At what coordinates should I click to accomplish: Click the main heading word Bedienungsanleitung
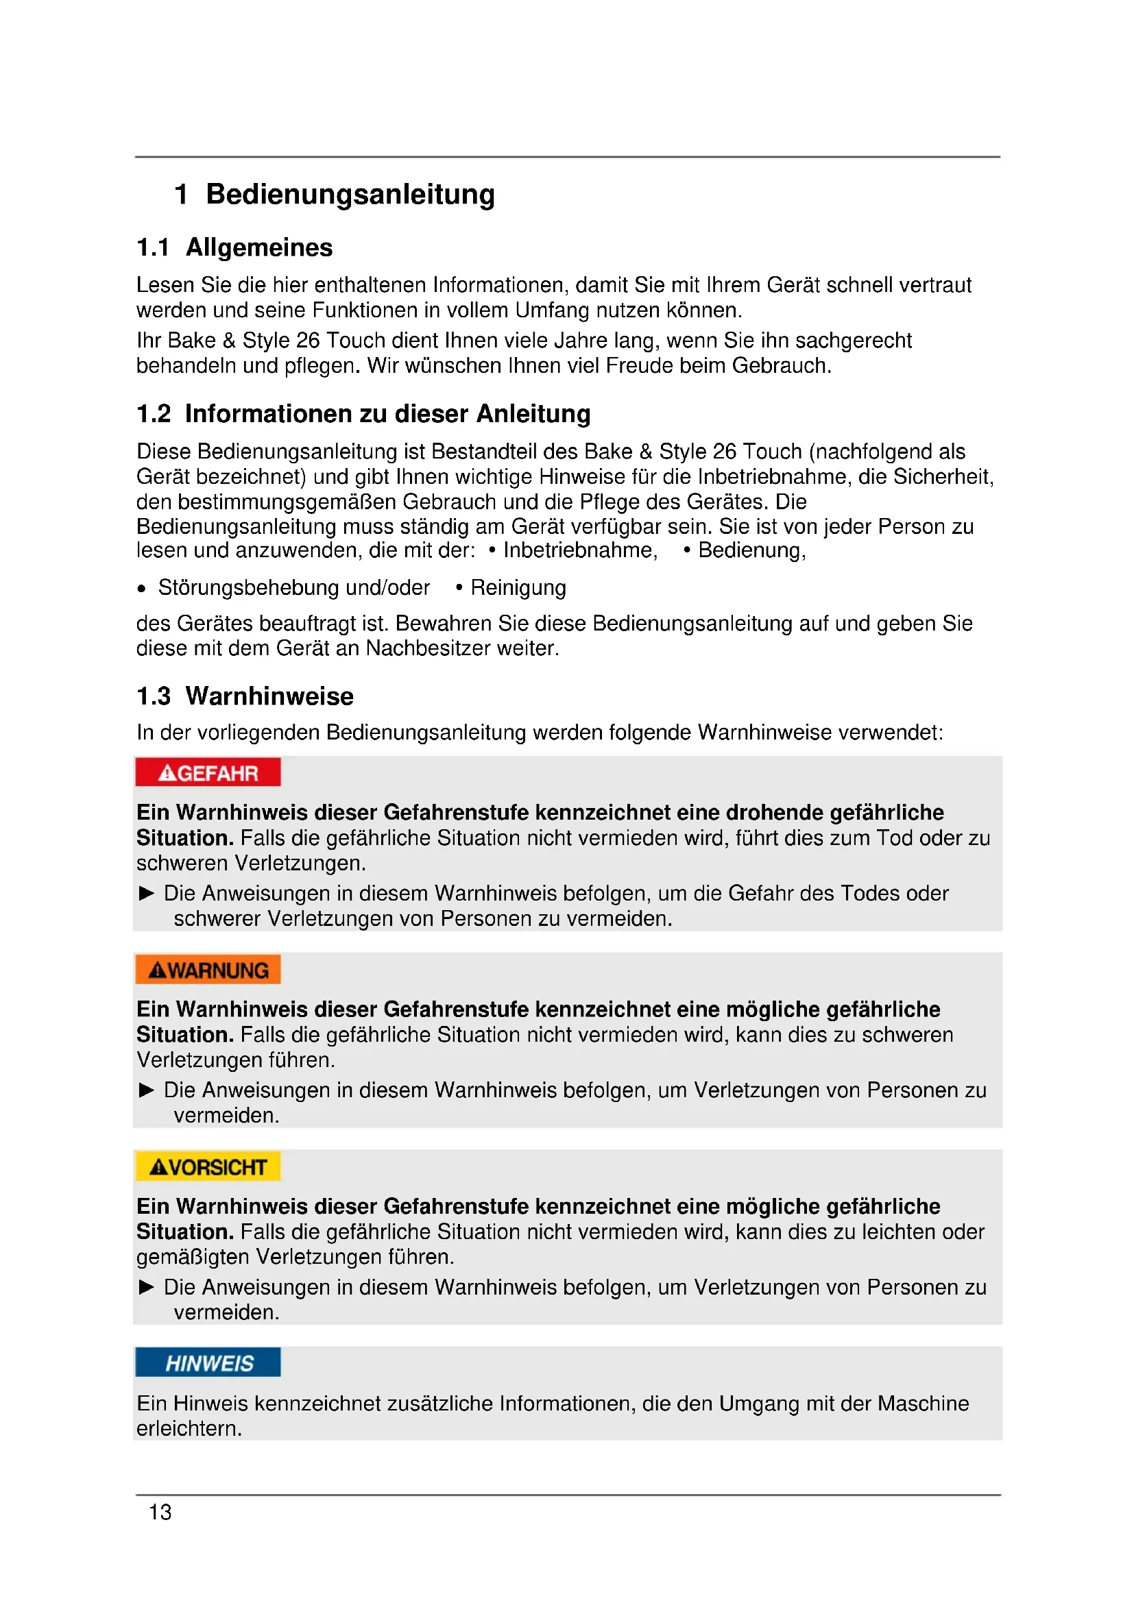[x=350, y=194]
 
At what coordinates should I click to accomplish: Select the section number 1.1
[x=153, y=248]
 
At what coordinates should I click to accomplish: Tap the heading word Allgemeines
[x=259, y=248]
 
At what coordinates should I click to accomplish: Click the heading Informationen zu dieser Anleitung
[x=387, y=414]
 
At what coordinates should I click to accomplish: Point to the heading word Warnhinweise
[x=269, y=696]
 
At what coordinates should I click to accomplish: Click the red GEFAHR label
[x=208, y=773]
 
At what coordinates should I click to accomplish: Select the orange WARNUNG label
[x=208, y=970]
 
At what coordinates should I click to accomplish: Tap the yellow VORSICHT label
[x=208, y=1166]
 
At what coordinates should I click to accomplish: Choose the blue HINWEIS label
[x=208, y=1364]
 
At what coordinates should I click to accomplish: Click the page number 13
[x=160, y=1513]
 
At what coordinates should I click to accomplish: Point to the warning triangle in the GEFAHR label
[x=167, y=773]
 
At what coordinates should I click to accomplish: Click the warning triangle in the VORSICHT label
[x=158, y=1166]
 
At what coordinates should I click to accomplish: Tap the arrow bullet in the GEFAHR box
[x=146, y=893]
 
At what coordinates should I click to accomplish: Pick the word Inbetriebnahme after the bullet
[x=580, y=550]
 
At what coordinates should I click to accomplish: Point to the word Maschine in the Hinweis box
[x=923, y=1404]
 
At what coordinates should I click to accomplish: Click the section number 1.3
[x=154, y=696]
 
